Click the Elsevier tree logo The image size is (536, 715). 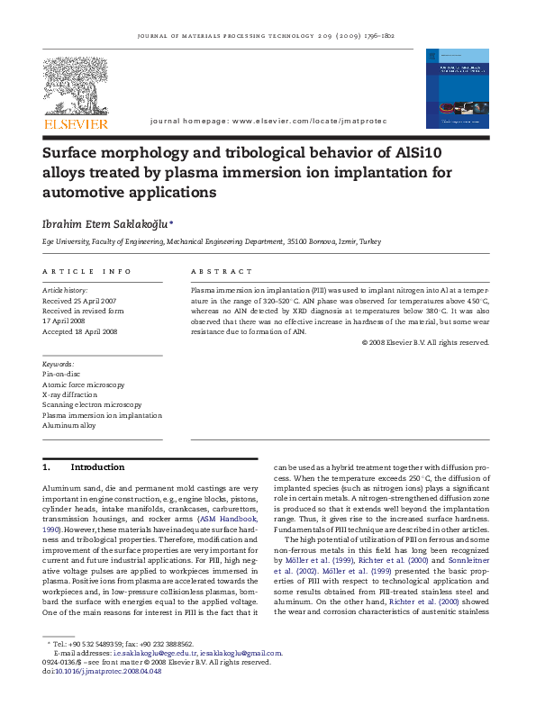[76, 86]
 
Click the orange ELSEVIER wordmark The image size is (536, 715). [76, 124]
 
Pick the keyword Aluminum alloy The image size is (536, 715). [68, 426]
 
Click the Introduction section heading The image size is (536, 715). [97, 468]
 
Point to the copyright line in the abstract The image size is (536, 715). [425, 342]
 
